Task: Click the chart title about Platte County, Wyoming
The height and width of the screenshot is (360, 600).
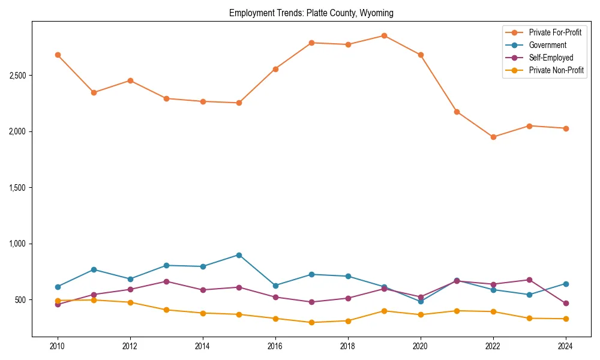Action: (311, 13)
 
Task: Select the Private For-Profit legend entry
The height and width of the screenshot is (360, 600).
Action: (555, 32)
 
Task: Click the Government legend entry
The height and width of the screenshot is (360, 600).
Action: (547, 45)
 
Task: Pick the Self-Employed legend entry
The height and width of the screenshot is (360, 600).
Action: (551, 58)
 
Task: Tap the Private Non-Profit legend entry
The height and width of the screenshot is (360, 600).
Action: (556, 70)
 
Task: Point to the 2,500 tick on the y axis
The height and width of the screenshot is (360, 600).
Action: (17, 76)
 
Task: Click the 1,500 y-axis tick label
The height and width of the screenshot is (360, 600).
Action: (17, 188)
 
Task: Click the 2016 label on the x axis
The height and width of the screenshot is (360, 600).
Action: (275, 347)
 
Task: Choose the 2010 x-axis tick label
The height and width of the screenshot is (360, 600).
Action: (58, 347)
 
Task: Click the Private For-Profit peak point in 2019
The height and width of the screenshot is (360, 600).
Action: (384, 35)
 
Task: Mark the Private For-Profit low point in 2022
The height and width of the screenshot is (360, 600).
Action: (493, 137)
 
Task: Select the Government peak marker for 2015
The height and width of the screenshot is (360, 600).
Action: (239, 255)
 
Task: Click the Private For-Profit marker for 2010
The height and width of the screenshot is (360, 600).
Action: (58, 55)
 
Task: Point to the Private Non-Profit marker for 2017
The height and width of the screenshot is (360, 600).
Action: (311, 322)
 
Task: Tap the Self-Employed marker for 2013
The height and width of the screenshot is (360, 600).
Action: (166, 281)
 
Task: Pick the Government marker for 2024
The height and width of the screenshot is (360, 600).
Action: (566, 284)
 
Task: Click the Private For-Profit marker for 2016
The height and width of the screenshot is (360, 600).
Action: (275, 69)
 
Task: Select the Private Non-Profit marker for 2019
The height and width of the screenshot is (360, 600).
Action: (384, 311)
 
